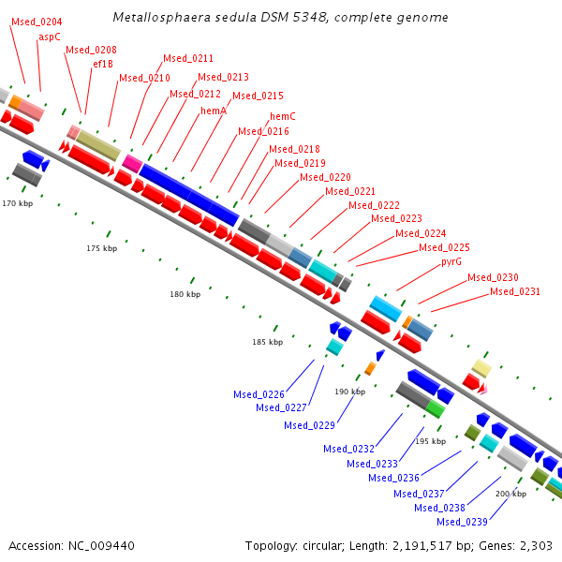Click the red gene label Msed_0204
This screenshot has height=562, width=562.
[x=37, y=22]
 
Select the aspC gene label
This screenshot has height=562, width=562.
[x=50, y=37]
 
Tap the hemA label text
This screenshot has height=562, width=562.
[x=214, y=111]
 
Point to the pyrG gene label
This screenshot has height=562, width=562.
[x=451, y=262]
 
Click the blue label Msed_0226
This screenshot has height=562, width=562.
[x=259, y=394]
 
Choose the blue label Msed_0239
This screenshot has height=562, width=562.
[x=462, y=522]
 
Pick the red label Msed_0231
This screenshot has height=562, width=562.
[x=515, y=292]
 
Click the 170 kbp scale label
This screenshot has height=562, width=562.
[x=17, y=203]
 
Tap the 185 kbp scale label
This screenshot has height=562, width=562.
[x=267, y=343]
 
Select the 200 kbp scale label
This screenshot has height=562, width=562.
[x=510, y=494]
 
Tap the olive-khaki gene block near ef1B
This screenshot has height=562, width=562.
[x=98, y=145]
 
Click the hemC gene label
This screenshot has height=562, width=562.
[x=283, y=117]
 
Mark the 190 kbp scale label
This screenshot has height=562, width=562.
[x=349, y=392]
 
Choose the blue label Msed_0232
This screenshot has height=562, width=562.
[x=349, y=449]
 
